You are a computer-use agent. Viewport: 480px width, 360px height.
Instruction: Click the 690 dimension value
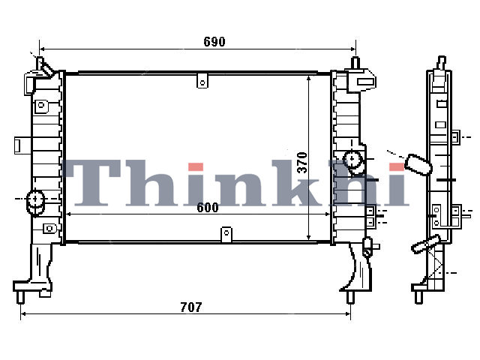[214, 42]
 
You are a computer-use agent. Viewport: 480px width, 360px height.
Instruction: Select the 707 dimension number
[191, 307]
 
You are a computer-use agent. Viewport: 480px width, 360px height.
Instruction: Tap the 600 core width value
[208, 208]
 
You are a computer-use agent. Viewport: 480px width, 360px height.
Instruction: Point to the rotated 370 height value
[302, 163]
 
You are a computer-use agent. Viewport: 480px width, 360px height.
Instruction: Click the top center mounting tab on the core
[202, 81]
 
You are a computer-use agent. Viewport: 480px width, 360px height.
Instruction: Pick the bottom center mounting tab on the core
[226, 235]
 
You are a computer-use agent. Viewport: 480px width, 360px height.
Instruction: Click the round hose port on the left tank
[35, 199]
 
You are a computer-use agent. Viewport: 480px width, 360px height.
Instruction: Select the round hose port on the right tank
[352, 158]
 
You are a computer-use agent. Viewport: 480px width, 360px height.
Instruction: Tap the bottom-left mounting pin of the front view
[20, 297]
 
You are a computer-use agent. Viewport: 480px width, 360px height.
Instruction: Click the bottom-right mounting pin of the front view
[350, 297]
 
